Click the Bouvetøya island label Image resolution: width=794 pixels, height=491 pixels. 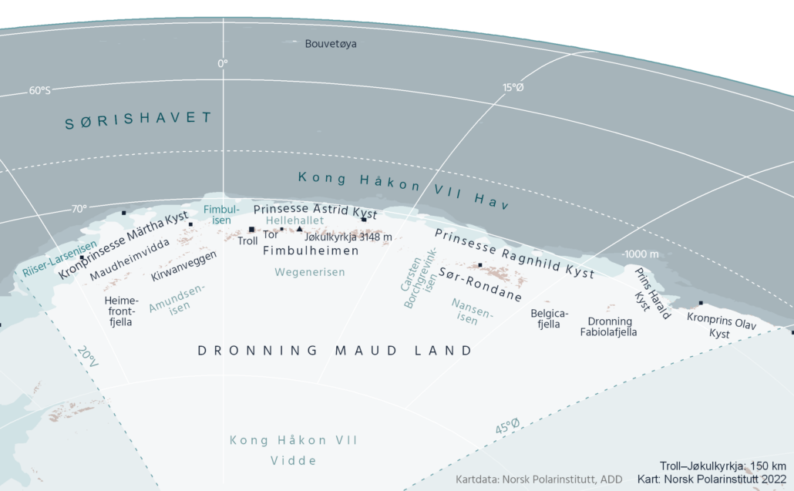coord(331,44)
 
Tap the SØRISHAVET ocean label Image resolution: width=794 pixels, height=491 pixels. coord(138,118)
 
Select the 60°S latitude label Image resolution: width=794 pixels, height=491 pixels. coord(39,91)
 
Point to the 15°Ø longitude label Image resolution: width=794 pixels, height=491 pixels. coord(513,88)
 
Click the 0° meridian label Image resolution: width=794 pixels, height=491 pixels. coord(223,63)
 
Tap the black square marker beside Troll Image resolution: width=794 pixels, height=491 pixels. coord(251,229)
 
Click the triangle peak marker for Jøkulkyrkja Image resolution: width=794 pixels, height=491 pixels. coord(299,229)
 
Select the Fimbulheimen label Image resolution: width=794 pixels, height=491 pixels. coord(311,251)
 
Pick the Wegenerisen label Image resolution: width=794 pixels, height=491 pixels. coord(310,272)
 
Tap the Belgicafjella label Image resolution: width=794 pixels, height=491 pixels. coord(550,318)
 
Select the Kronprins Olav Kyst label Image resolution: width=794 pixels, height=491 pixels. coord(720,325)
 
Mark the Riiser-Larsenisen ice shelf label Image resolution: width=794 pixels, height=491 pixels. coord(51,261)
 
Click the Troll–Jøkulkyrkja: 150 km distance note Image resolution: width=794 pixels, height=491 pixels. coord(722,466)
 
